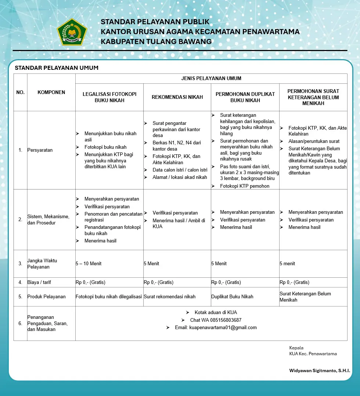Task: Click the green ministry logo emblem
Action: click(72, 32)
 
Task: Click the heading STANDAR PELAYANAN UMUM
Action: click(57, 68)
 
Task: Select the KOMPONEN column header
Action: click(51, 93)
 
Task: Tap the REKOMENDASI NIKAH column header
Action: click(177, 97)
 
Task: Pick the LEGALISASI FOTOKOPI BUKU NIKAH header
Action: click(109, 97)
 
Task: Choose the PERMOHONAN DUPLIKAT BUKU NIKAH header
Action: click(245, 97)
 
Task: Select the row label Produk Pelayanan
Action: click(46, 297)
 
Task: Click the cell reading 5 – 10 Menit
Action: click(89, 264)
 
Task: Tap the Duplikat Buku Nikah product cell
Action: click(232, 297)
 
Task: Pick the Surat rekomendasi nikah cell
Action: click(169, 297)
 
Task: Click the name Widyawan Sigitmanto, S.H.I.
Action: click(320, 371)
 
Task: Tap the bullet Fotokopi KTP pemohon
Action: click(245, 186)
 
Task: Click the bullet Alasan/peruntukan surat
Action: click(314, 141)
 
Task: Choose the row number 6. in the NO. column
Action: click(20, 324)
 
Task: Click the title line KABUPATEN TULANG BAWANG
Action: click(156, 42)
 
